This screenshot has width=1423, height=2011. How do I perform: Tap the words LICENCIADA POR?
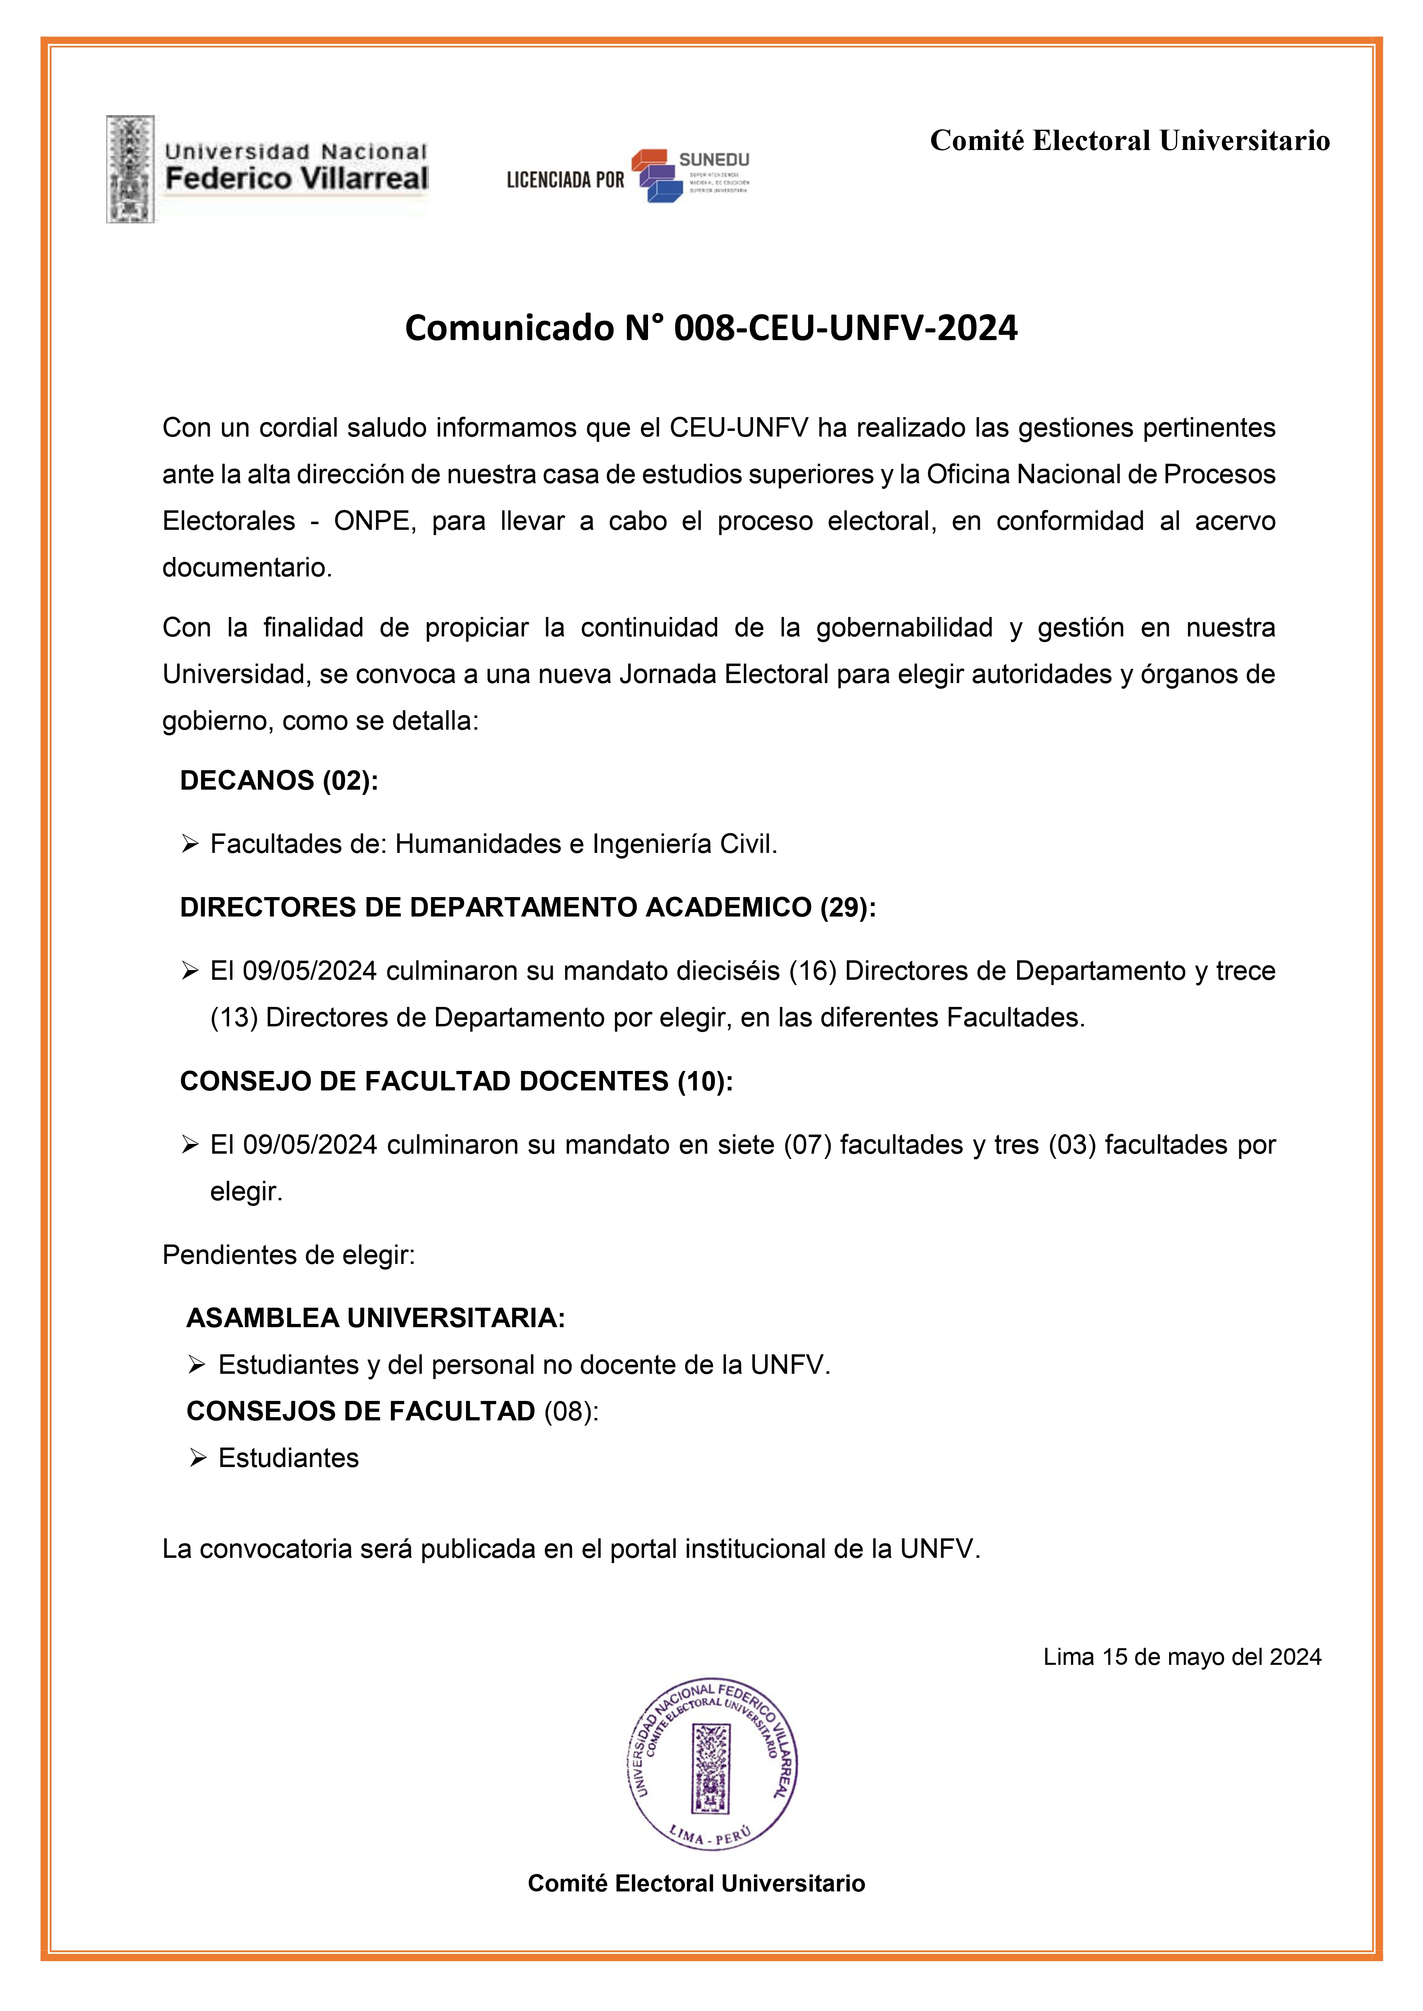click(x=565, y=180)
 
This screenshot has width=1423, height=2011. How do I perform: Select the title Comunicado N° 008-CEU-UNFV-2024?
click(x=710, y=328)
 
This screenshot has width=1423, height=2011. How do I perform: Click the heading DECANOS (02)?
click(x=279, y=780)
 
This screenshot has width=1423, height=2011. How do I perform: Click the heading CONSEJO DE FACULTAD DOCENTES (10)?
click(x=456, y=1082)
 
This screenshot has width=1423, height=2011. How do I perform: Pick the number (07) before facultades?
click(x=806, y=1145)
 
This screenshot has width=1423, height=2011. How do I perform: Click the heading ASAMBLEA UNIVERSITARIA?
click(x=376, y=1318)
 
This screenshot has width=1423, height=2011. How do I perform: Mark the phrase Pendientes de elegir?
click(x=288, y=1255)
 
